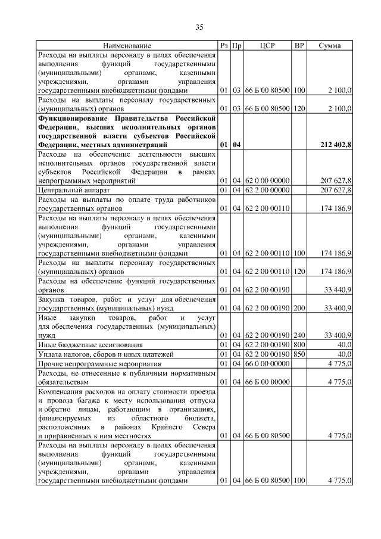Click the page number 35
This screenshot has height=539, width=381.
[199, 27]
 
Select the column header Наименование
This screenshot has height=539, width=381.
[127, 46]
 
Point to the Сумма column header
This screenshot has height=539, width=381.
[329, 46]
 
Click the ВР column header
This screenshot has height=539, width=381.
[299, 46]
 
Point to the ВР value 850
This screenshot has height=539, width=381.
[299, 354]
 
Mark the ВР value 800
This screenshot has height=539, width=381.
[299, 345]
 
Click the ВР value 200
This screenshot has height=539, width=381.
[299, 309]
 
